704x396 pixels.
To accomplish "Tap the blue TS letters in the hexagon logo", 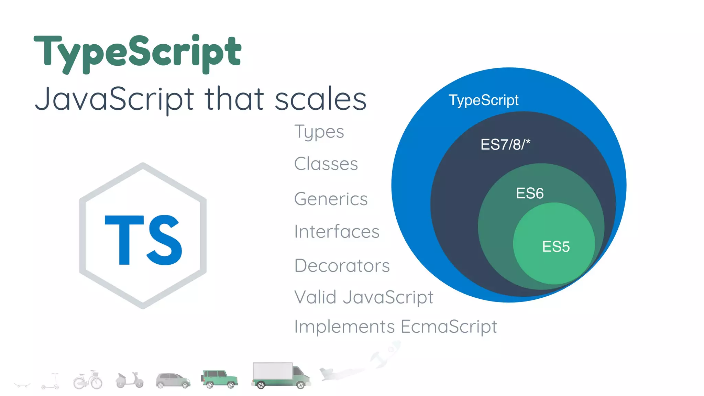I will pyautogui.click(x=143, y=240).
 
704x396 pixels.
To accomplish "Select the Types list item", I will pyautogui.click(x=319, y=132).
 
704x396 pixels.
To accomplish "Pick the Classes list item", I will pyautogui.click(x=326, y=164).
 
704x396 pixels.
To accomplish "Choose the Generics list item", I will pyautogui.click(x=331, y=199).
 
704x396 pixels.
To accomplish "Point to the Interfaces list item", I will pyautogui.click(x=337, y=231).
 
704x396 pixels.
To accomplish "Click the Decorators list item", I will pyautogui.click(x=342, y=265).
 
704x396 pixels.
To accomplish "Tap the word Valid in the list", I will pyautogui.click(x=315, y=297).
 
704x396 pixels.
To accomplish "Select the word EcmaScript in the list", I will pyautogui.click(x=449, y=326).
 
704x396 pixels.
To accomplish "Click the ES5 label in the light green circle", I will pyautogui.click(x=556, y=246).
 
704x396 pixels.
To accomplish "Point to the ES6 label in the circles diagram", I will pyautogui.click(x=530, y=193).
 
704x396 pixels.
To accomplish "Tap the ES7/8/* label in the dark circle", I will pyautogui.click(x=505, y=144).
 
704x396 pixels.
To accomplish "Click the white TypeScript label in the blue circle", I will pyautogui.click(x=484, y=100).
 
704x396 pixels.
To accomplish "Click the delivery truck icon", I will pyautogui.click(x=281, y=375).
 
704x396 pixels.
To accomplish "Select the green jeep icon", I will pyautogui.click(x=219, y=379).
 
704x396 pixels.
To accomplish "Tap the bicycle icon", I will pyautogui.click(x=88, y=380).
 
